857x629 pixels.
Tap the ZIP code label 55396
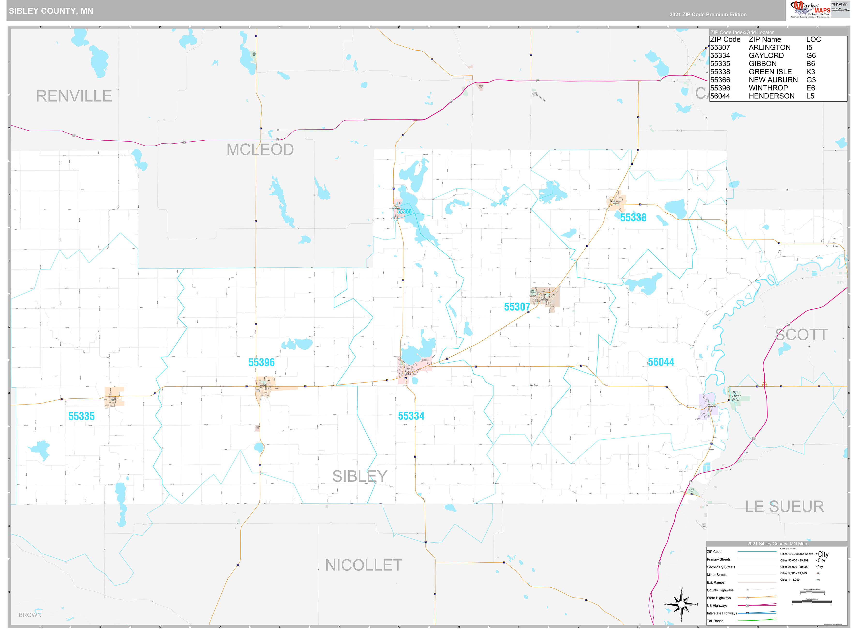click(261, 362)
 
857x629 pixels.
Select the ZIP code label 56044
click(661, 362)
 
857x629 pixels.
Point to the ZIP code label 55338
click(633, 218)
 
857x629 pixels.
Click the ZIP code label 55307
click(517, 307)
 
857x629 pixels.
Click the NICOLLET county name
click(364, 565)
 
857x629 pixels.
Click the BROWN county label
click(30, 615)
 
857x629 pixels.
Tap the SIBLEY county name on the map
click(359, 476)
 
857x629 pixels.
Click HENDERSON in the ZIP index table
click(771, 96)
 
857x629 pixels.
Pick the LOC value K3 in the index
click(811, 72)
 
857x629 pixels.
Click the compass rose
click(681, 604)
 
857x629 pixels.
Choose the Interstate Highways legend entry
click(722, 613)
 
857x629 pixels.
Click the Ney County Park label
click(735, 396)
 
